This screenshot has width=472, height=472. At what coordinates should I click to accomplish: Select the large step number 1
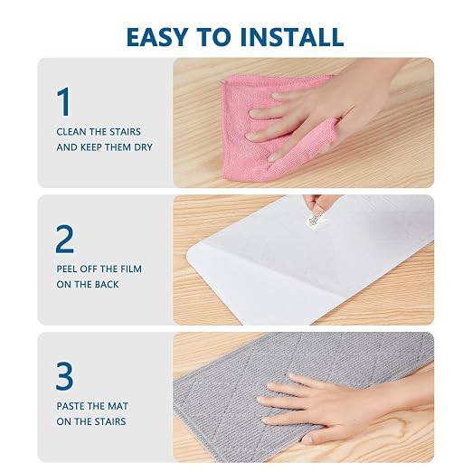coord(63,101)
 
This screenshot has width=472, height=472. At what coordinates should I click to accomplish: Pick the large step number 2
coord(64,239)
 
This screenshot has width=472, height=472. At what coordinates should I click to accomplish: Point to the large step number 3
coord(64,376)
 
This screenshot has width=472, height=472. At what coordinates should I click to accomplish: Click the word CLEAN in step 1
coord(71,132)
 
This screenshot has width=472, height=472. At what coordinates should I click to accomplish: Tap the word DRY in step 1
coord(143,147)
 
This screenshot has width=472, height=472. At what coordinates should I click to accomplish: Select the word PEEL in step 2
coord(67,269)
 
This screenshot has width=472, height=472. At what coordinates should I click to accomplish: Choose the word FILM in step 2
coord(131,269)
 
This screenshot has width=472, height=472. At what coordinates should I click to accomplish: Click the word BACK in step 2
coord(107,285)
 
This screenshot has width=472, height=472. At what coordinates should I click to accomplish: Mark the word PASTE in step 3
coord(71,406)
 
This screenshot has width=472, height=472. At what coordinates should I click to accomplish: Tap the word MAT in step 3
coord(118,406)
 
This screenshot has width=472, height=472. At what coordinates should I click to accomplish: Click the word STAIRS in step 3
coord(109,421)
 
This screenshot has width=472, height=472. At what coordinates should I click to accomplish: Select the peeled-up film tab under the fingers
coord(314,222)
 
